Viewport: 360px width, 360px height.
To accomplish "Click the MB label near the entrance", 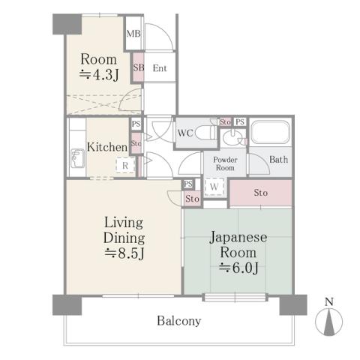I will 133,33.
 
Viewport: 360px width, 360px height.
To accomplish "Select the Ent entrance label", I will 159,68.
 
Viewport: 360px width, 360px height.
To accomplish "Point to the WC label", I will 186,134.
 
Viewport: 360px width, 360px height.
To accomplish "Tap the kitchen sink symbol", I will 77,158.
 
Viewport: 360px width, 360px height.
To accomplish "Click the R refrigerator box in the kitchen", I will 124,166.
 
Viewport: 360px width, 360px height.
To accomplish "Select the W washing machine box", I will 214,186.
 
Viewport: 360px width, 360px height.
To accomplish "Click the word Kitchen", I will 106,147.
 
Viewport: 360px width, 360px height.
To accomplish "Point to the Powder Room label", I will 225,163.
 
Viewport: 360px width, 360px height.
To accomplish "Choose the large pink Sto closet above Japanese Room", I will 259,193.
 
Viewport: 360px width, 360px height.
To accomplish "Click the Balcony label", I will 178,321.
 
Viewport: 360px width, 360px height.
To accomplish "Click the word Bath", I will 277,159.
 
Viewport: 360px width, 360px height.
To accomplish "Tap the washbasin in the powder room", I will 235,136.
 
